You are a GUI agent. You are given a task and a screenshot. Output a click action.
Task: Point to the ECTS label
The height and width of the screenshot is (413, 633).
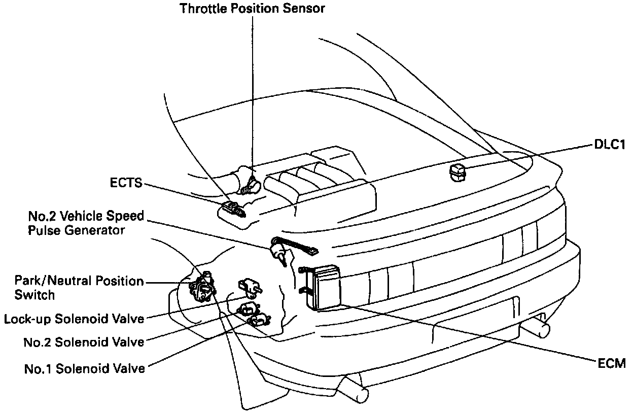(x=126, y=183)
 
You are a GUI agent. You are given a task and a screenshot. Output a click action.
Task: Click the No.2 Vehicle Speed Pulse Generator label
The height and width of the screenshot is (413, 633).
(x=86, y=223)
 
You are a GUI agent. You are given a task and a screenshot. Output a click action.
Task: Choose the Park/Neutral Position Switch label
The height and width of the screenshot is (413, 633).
(x=79, y=287)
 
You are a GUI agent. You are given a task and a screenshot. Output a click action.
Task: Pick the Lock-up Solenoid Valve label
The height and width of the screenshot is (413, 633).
(x=74, y=319)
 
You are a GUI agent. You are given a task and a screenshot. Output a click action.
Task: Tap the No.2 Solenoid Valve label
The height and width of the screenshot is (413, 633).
(x=84, y=342)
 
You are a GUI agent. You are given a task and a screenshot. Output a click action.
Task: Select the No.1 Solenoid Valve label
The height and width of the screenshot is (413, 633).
(x=84, y=368)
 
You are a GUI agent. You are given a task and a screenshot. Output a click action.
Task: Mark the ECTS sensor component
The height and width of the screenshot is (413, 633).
(x=233, y=208)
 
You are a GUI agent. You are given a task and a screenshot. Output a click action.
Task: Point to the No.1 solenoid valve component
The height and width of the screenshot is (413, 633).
(x=259, y=320)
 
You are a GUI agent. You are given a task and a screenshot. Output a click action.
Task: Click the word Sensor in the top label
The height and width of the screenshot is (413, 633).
(x=304, y=9)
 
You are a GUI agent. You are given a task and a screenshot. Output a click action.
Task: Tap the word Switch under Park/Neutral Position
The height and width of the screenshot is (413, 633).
(x=34, y=294)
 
